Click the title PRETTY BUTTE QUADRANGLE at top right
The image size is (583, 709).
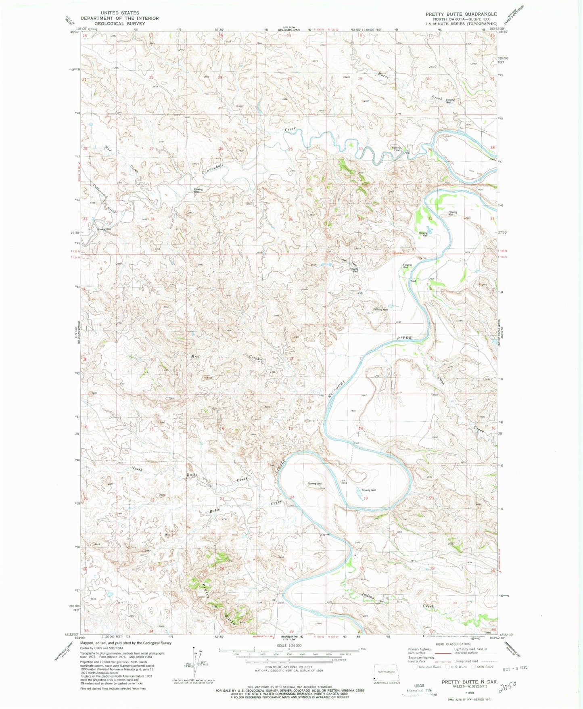(x=461, y=14)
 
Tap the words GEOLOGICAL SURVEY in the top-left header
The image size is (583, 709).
(x=119, y=23)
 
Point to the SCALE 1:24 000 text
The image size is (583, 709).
(x=289, y=646)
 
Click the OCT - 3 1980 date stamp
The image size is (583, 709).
(x=515, y=667)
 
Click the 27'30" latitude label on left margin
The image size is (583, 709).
(x=74, y=233)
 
